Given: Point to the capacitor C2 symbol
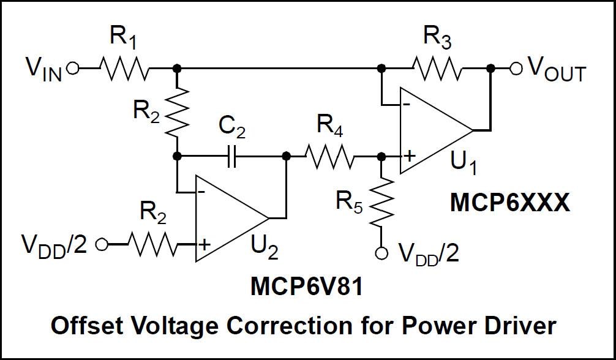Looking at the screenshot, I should pos(231,156).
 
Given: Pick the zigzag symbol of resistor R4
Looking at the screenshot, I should pos(329,156).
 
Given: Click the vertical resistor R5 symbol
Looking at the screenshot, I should pos(381,200).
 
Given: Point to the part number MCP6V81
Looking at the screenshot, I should pos(306,287).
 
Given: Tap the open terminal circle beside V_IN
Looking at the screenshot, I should pos(73,69).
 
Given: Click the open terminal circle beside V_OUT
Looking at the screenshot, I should pos(516,69).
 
